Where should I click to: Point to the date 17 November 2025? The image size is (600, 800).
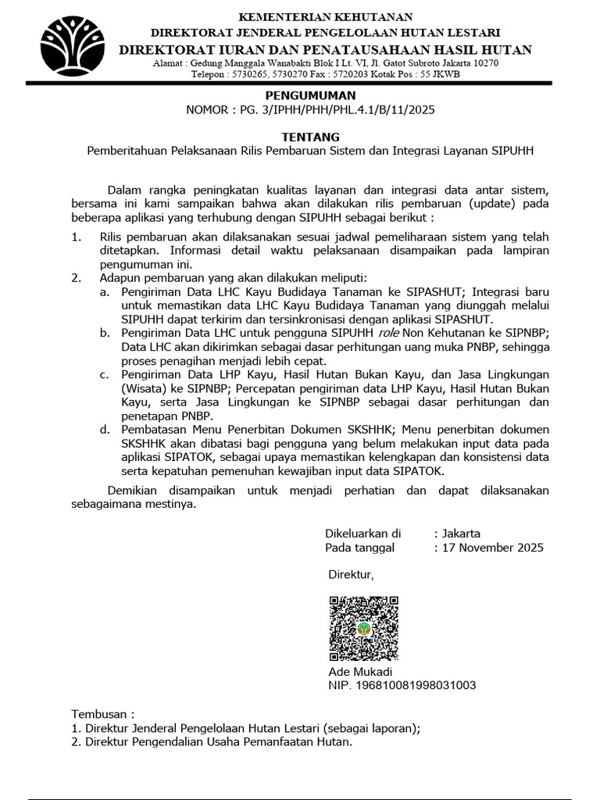click(492, 548)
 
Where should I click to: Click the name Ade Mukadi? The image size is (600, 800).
click(360, 672)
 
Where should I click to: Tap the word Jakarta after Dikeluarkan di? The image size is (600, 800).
click(461, 534)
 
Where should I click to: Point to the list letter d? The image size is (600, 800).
click(103, 430)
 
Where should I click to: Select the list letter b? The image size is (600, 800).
click(103, 333)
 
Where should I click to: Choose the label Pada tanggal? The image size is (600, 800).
click(359, 548)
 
